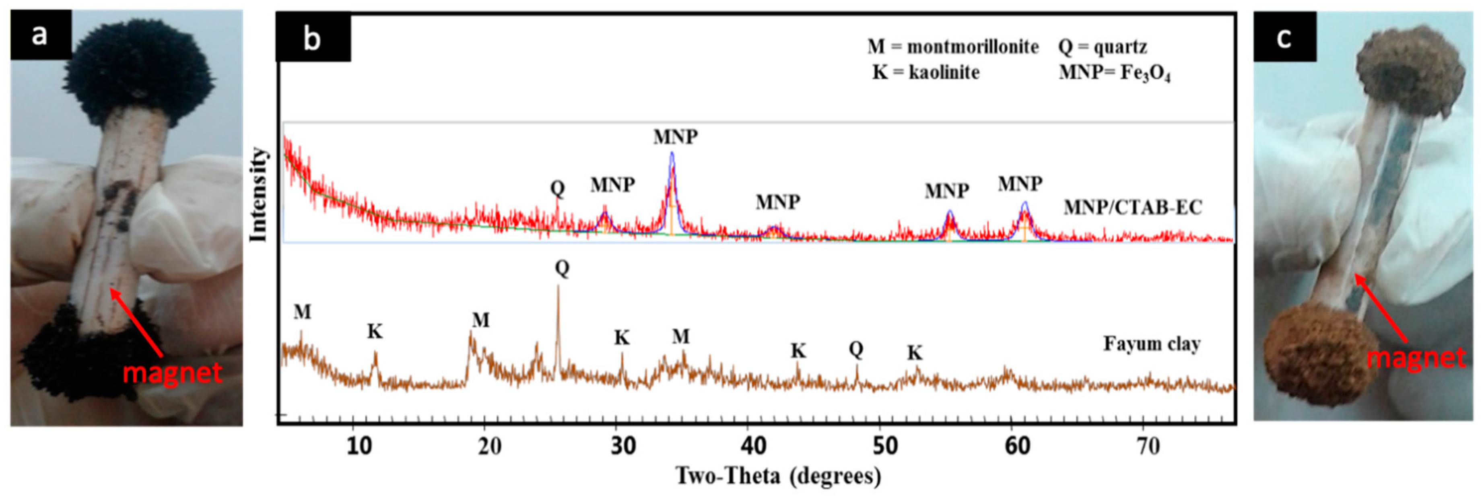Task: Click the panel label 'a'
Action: click(x=39, y=35)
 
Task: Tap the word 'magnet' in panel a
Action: click(x=172, y=372)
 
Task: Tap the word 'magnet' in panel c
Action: click(x=1416, y=357)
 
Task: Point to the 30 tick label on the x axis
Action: click(x=622, y=446)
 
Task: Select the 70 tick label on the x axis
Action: click(x=1148, y=446)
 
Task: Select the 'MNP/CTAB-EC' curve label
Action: click(x=1133, y=207)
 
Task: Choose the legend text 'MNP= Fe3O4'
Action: click(x=1114, y=73)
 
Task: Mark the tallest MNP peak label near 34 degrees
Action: click(x=676, y=136)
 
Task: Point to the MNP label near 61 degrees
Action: click(x=1020, y=183)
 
